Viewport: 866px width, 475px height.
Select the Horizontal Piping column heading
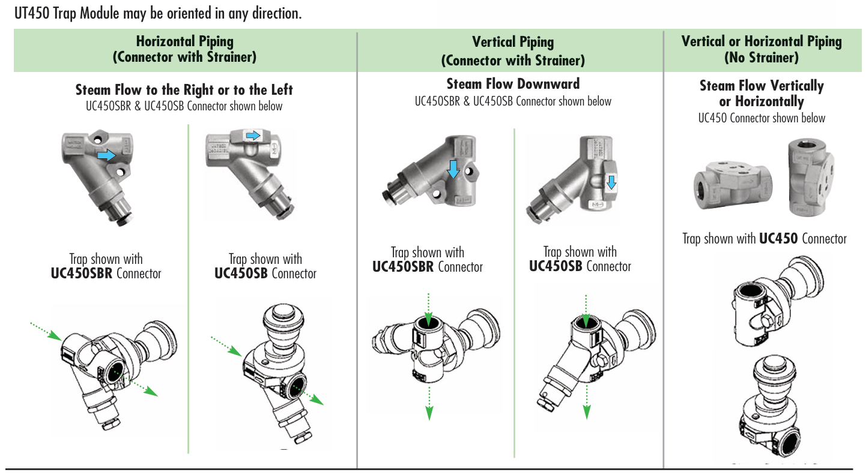coord(184,41)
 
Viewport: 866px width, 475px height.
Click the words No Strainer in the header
coord(761,58)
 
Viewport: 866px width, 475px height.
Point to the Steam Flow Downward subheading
coord(513,84)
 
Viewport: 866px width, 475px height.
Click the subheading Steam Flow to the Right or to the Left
coord(184,90)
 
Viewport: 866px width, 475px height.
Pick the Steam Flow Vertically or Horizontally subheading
coord(761,94)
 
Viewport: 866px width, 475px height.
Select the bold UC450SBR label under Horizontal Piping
coord(82,273)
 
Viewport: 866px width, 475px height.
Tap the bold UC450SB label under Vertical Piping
coord(555,266)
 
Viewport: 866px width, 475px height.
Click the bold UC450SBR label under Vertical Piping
coord(404,267)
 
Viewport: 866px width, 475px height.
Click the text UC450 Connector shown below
coord(761,118)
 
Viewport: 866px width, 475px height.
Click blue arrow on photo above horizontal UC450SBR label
coord(106,155)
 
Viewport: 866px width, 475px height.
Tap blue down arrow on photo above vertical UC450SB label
coord(611,182)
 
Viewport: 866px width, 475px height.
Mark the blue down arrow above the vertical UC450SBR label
coord(453,169)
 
